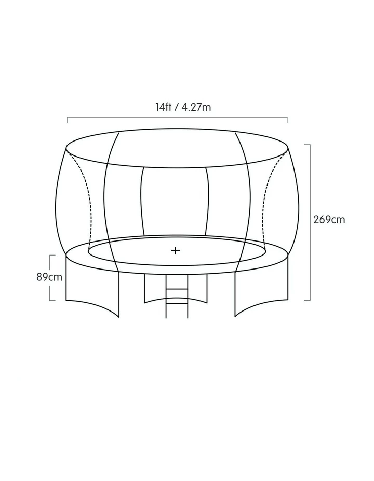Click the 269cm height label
coord(329,220)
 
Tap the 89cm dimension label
coord(49,277)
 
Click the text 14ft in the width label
coord(163,107)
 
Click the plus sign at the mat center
coord(176,251)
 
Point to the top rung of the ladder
coord(177,289)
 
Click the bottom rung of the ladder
coord(177,303)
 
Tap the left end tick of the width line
coord(68,120)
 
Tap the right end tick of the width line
coord(287,120)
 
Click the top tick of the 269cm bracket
coord(307,145)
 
